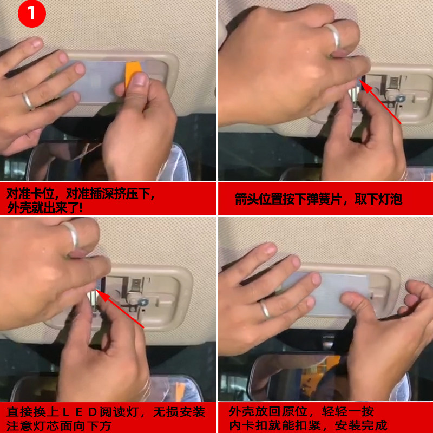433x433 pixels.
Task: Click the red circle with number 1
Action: (x=32, y=13)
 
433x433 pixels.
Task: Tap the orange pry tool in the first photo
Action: (x=133, y=71)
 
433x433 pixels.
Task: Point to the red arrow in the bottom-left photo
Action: (x=120, y=308)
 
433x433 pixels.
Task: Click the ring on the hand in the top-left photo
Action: (x=28, y=101)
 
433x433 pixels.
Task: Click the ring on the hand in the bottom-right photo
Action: (x=265, y=310)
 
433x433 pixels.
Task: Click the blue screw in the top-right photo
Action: (x=399, y=98)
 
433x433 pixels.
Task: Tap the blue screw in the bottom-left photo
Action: (x=143, y=302)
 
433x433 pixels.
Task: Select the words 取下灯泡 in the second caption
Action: (x=378, y=199)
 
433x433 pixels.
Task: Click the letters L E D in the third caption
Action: (x=79, y=412)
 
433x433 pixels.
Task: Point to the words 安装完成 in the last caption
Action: (x=361, y=425)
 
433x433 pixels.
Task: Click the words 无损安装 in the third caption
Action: (x=179, y=412)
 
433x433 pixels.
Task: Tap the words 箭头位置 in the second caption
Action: (x=259, y=199)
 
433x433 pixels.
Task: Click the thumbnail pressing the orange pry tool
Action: (x=140, y=79)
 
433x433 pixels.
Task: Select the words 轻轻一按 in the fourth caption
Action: (x=347, y=411)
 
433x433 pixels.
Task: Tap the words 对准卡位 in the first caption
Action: (x=30, y=194)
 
